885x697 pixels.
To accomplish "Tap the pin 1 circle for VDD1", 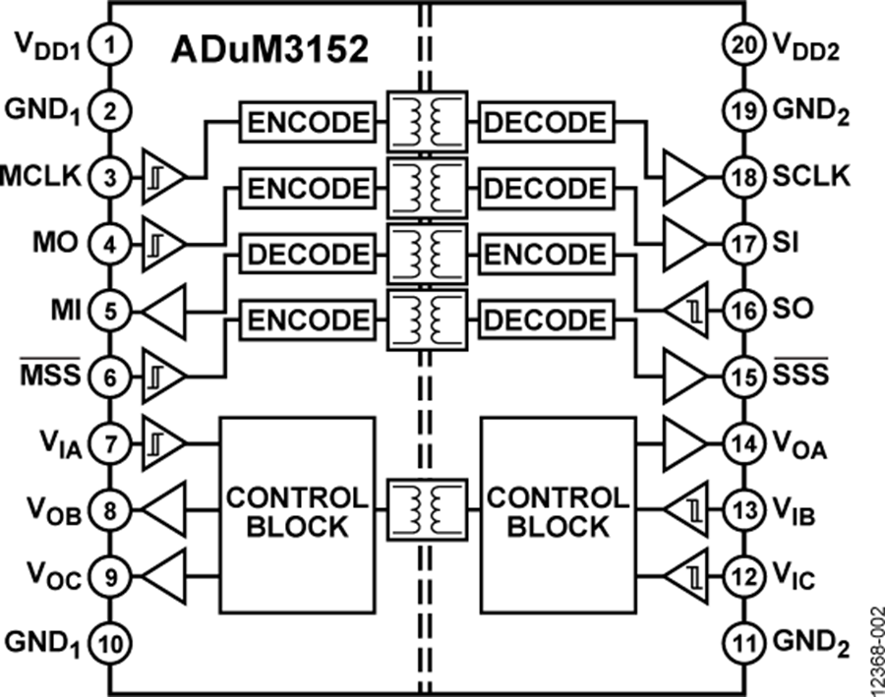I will [x=110, y=43].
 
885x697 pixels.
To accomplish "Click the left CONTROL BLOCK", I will [x=296, y=510].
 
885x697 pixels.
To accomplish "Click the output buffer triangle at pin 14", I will [x=685, y=443].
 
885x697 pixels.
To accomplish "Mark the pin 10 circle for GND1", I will [x=110, y=644].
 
